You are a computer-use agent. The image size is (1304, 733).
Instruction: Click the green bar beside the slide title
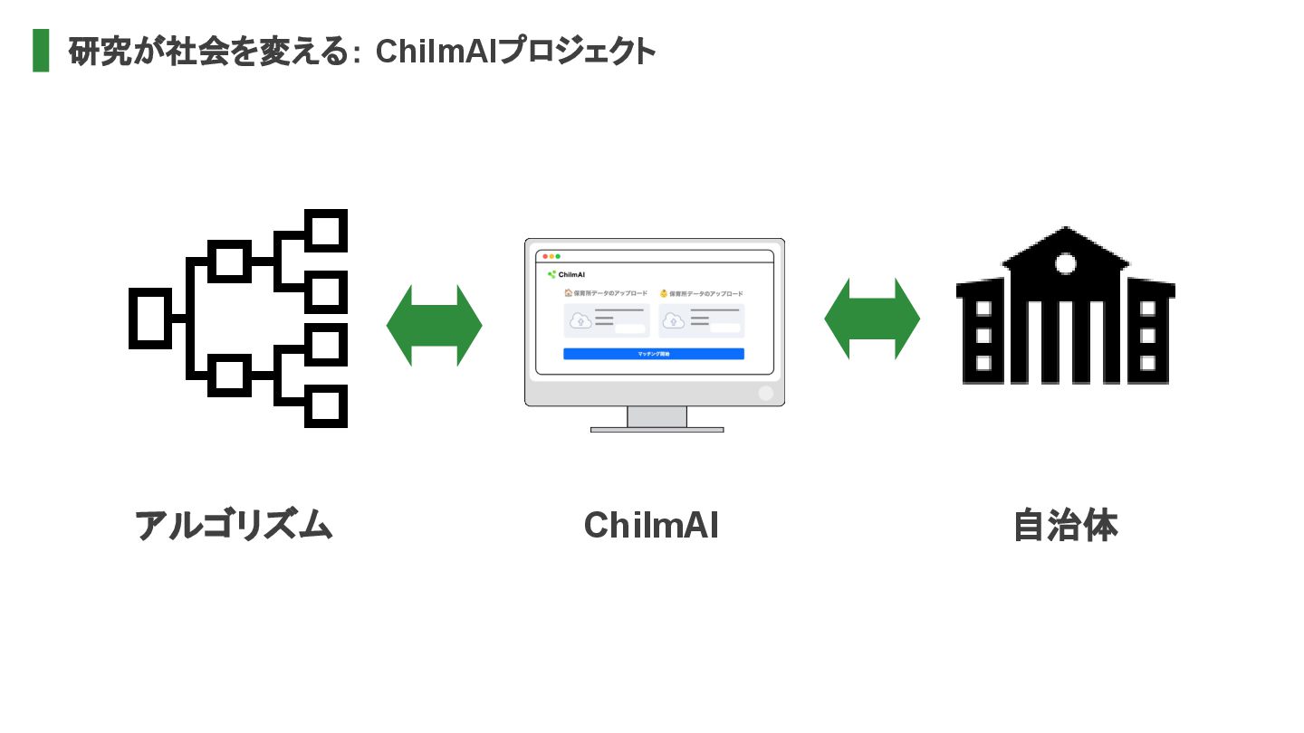tap(41, 51)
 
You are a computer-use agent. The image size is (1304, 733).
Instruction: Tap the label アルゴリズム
tap(234, 526)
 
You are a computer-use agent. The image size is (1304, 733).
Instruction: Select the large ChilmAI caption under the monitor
tap(651, 526)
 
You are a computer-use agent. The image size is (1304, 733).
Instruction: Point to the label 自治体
tap(1065, 526)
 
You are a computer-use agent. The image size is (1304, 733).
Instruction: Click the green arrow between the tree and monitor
tap(434, 326)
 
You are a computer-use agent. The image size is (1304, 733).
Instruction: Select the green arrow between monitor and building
tap(872, 319)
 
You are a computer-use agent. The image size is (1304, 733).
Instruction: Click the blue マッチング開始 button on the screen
tap(654, 354)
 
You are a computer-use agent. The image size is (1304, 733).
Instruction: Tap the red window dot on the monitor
tap(545, 257)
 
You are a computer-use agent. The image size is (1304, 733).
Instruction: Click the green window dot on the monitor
tap(558, 257)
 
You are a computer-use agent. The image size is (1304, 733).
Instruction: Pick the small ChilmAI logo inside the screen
tap(566, 274)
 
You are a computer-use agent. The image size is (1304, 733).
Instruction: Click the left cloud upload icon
tap(580, 320)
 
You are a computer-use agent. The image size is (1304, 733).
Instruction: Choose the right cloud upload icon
tap(675, 320)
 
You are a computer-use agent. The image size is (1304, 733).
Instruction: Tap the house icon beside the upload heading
tap(568, 293)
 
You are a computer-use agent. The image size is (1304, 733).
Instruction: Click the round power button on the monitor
tap(765, 393)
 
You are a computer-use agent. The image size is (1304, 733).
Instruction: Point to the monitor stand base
tap(657, 429)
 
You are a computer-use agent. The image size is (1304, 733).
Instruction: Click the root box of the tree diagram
tap(150, 318)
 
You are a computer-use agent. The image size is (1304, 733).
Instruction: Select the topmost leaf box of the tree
tap(325, 230)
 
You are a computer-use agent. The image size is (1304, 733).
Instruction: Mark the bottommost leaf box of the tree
tap(325, 405)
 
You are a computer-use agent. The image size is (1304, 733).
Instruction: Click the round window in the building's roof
tap(1066, 264)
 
